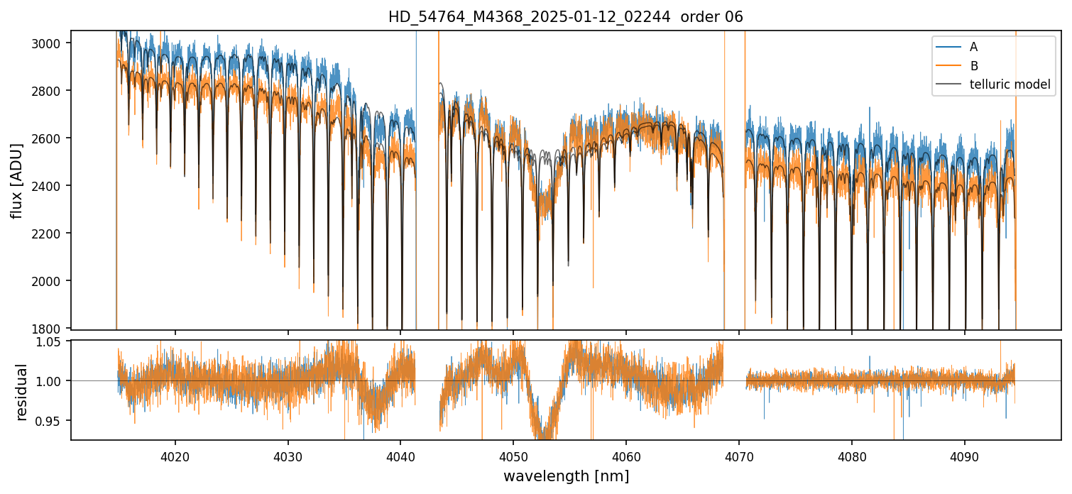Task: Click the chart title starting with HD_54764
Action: pyautogui.click(x=565, y=17)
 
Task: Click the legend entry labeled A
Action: pyautogui.click(x=973, y=47)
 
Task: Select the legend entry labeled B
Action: pyautogui.click(x=973, y=66)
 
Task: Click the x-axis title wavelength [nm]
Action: pyautogui.click(x=566, y=476)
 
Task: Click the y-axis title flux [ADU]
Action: pyautogui.click(x=17, y=180)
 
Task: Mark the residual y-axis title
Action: pyautogui.click(x=21, y=392)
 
